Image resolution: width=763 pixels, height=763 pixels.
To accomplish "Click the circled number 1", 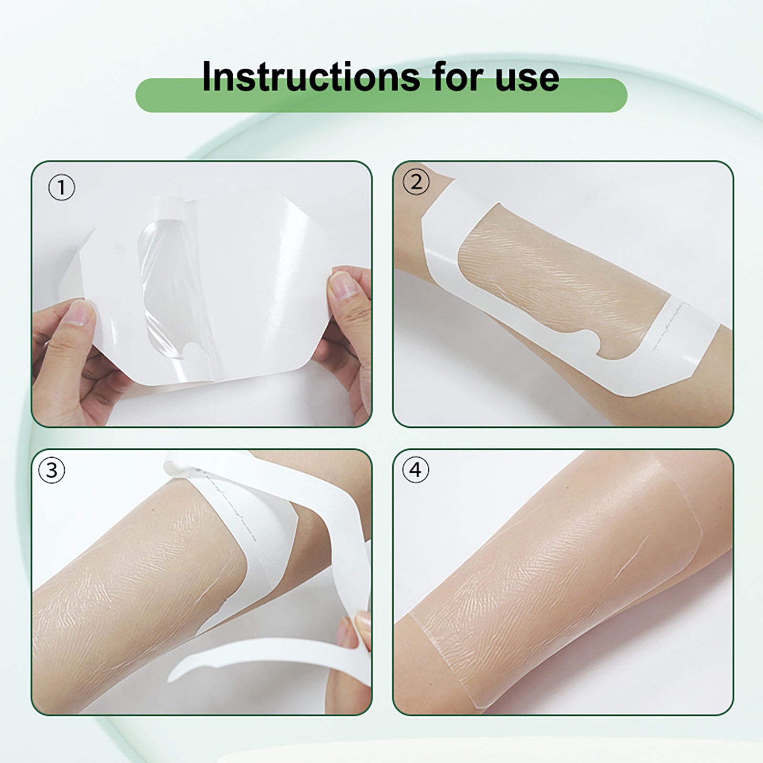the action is [x=62, y=187].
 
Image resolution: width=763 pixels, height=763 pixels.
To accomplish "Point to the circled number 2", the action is [x=416, y=182].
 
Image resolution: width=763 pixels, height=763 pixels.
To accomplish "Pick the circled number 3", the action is [x=52, y=471].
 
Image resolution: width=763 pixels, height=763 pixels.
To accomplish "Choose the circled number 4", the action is [x=416, y=470].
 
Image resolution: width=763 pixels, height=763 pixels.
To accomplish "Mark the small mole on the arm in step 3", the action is [x=153, y=509].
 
